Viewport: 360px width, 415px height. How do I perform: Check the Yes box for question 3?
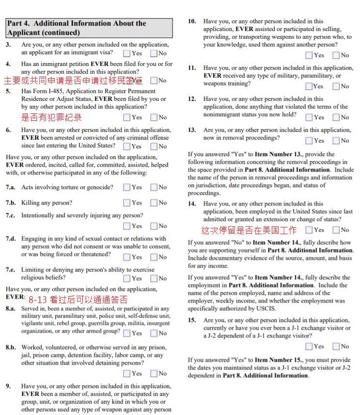[x=126, y=53]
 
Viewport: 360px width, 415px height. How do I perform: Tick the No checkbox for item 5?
[x=154, y=117]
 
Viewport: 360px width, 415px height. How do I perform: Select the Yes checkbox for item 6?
[x=126, y=146]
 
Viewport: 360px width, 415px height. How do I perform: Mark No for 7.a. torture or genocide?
[x=154, y=187]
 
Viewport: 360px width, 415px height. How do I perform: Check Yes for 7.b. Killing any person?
[x=126, y=203]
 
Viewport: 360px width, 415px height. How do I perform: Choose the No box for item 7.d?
[x=154, y=257]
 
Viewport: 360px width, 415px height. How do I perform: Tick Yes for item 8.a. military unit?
[x=126, y=333]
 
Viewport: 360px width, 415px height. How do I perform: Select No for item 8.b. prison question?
[x=154, y=373]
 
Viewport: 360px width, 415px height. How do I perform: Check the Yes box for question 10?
[x=309, y=55]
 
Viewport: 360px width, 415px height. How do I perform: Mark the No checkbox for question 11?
[x=336, y=86]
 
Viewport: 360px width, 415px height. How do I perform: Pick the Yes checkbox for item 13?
[x=309, y=141]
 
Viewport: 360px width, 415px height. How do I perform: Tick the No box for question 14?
[x=336, y=230]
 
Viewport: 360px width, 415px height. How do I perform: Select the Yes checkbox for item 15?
[x=309, y=346]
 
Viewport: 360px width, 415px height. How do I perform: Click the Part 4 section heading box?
[x=89, y=28]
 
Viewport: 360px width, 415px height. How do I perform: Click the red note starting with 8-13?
[x=78, y=300]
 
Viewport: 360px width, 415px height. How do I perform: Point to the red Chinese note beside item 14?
[x=249, y=230]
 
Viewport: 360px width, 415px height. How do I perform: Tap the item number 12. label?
[x=192, y=99]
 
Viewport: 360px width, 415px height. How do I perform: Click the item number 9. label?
[x=8, y=386]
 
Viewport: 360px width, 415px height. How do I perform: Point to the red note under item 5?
[x=51, y=117]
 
